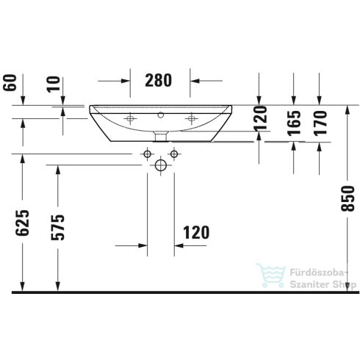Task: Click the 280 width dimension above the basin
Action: (x=160, y=81)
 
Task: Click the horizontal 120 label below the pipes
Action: (x=195, y=233)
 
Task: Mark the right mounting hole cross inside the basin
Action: (x=193, y=117)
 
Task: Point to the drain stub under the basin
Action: (x=161, y=136)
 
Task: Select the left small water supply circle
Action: (x=147, y=154)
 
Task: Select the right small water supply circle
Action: (x=174, y=154)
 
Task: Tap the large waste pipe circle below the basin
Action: (x=161, y=166)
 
